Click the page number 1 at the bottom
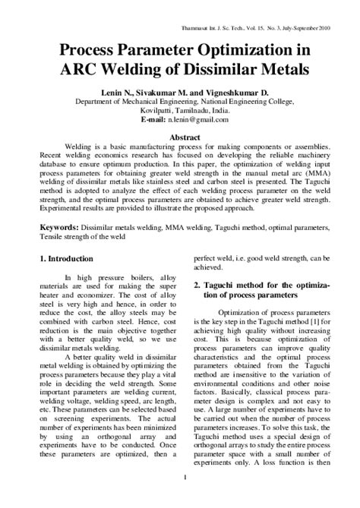pyautogui.click(x=185, y=497)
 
